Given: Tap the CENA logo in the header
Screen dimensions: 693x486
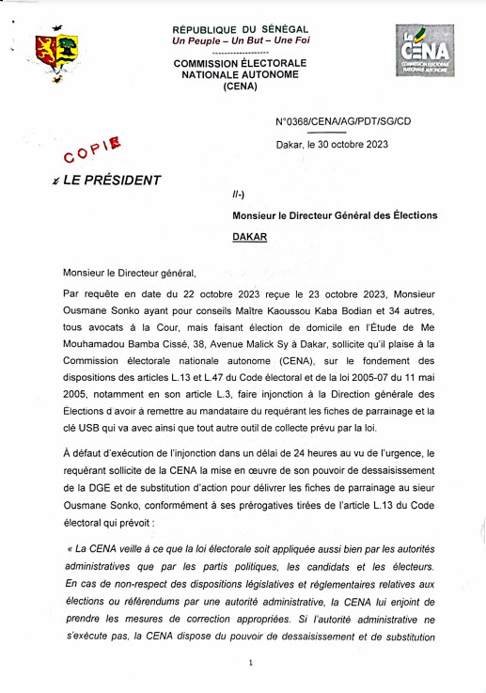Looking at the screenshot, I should [424, 52].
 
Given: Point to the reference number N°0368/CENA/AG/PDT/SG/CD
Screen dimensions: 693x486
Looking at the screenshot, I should [343, 122].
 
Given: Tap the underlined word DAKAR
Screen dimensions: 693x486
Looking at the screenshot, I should [249, 237].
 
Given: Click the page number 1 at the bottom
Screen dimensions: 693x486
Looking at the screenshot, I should [251, 663].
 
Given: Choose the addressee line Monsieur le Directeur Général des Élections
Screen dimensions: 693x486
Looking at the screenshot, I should [335, 215].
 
